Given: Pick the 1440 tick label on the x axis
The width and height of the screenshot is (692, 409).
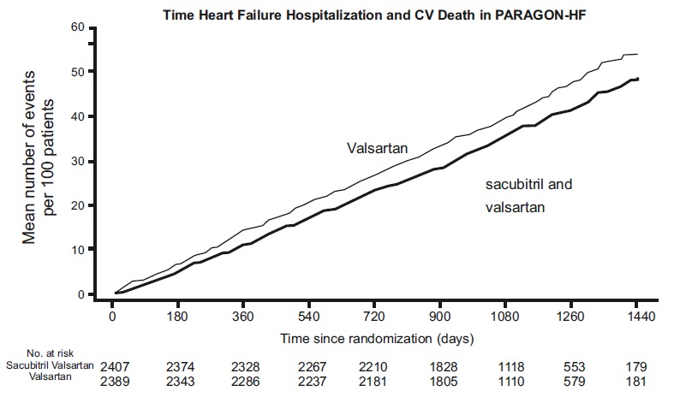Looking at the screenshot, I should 636,317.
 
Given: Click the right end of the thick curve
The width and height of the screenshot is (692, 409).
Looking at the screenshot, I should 638,79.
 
